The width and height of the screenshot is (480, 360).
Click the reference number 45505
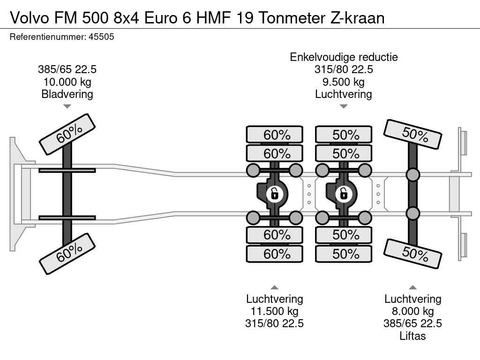pyautogui.click(x=101, y=37)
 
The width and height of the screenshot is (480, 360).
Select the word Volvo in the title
pyautogui.click(x=30, y=18)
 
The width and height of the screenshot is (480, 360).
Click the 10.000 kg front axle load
pyautogui.click(x=67, y=82)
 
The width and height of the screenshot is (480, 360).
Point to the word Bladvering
pyautogui.click(x=67, y=94)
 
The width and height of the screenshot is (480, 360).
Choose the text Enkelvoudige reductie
pyautogui.click(x=344, y=57)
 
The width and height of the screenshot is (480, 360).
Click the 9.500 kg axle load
pyautogui.click(x=344, y=82)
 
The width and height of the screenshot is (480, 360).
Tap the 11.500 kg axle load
pyautogui.click(x=275, y=311)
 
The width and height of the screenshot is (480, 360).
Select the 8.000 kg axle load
pyautogui.click(x=412, y=311)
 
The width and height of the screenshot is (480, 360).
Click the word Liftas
pyautogui.click(x=412, y=336)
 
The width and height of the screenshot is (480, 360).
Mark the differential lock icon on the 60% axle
pyautogui.click(x=274, y=194)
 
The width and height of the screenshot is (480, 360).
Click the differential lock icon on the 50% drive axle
pyautogui.click(x=344, y=194)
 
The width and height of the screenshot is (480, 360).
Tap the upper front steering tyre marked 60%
pyautogui.click(x=67, y=135)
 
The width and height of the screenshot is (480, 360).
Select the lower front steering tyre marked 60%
pyautogui.click(x=67, y=254)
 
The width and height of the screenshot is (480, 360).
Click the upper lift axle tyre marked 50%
pyautogui.click(x=412, y=135)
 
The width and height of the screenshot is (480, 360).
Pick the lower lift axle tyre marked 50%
pyautogui.click(x=412, y=254)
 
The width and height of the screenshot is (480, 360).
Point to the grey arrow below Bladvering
pyautogui.click(x=67, y=106)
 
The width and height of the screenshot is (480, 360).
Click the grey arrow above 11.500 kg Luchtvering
pyautogui.click(x=275, y=287)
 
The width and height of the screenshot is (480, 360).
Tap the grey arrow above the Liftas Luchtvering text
pyautogui.click(x=412, y=287)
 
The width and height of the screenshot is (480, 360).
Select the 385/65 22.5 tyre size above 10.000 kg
pyautogui.click(x=67, y=69)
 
